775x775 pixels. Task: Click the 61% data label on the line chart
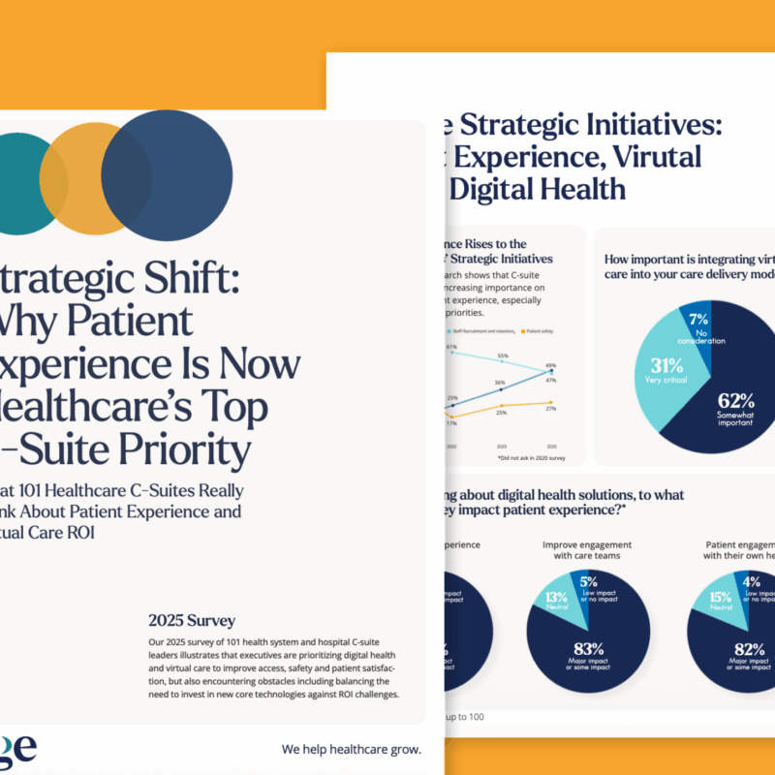tap(450, 346)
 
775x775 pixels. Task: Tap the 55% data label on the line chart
tap(502, 356)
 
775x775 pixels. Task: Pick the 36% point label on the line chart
tap(499, 384)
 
